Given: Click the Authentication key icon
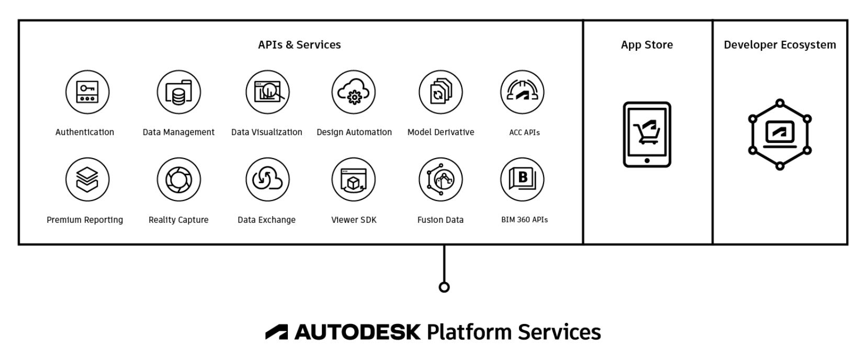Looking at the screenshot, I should pos(87,92).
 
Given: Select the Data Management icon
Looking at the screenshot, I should pos(179,92).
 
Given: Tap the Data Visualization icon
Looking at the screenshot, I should pos(267,92).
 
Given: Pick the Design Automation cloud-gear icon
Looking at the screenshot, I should pos(354,92).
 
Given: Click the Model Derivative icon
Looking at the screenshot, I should pos(441,92).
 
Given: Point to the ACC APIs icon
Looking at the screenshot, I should pos(522,92).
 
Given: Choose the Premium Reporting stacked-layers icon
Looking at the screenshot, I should pos(87,179).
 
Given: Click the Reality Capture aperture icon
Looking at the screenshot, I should pos(179,179).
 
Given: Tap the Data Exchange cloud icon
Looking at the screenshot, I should pos(267,179).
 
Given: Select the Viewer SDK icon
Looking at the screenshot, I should pos(354,179).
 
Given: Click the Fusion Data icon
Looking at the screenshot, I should pos(441,179).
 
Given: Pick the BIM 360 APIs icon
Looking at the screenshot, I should pos(522,179).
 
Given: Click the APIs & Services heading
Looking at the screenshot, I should pos(299,45).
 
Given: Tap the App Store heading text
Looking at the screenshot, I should pos(647,45).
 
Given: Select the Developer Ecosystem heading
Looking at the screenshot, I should pos(780,45).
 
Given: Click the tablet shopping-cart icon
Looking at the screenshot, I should pos(647,134).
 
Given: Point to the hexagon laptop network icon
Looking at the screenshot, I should pos(780,134).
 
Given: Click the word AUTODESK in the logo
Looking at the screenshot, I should pos(357,332).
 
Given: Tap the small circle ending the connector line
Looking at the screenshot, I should pos(444,287).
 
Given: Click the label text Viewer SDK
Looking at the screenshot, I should pos(354,220).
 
